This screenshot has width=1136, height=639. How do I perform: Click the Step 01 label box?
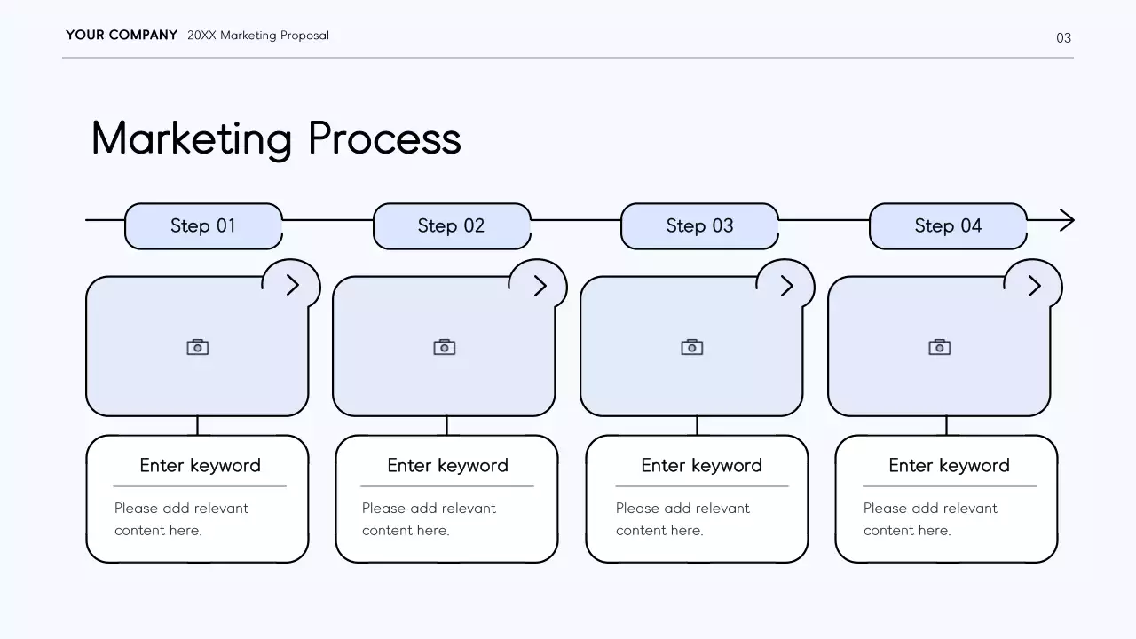[x=203, y=226]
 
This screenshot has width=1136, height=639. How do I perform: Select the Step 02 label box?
[x=451, y=226]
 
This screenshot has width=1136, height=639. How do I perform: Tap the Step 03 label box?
[x=699, y=226]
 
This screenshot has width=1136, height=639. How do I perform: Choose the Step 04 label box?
[x=948, y=226]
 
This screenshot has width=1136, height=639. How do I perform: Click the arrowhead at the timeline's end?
[x=1068, y=220]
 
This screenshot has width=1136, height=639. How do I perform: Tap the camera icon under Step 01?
[x=197, y=347]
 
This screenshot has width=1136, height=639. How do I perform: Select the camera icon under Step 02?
[x=445, y=347]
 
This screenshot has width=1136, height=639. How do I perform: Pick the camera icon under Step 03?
[x=692, y=347]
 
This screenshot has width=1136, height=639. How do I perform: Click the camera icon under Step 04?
[x=940, y=347]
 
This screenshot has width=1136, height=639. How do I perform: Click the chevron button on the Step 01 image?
[x=292, y=285]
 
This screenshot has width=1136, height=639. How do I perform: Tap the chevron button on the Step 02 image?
[x=540, y=285]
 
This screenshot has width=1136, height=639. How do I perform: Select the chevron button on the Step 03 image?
[x=786, y=285]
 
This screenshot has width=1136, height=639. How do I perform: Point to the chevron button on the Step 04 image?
[x=1034, y=285]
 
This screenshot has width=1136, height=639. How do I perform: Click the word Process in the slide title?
[x=384, y=138]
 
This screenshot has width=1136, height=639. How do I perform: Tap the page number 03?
[x=1063, y=37]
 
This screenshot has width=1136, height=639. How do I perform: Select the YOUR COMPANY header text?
[x=122, y=35]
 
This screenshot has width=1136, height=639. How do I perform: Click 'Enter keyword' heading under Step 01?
[x=200, y=465]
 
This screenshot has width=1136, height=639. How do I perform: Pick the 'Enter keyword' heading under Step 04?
[x=949, y=465]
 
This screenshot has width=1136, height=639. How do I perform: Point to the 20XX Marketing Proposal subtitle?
[x=258, y=35]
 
